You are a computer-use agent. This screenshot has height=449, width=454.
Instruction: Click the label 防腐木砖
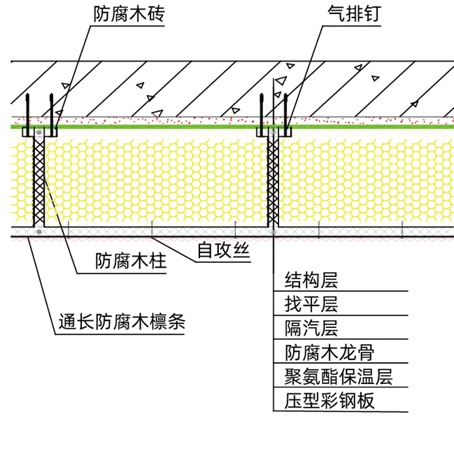pyautogui.click(x=129, y=13)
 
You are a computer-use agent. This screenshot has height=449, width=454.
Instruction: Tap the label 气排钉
pyautogui.click(x=354, y=13)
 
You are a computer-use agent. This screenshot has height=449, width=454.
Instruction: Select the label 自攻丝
pyautogui.click(x=223, y=250)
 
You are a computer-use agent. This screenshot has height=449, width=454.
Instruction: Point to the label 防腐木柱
pyautogui.click(x=131, y=261)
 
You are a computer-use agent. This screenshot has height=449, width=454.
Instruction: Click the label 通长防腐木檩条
pyautogui.click(x=122, y=322)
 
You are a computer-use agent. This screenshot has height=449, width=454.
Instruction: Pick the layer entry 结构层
pyautogui.click(x=311, y=280)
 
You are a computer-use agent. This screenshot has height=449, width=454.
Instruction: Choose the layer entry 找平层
pyautogui.click(x=311, y=304)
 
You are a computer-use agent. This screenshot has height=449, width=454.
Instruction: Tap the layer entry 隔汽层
pyautogui.click(x=311, y=328)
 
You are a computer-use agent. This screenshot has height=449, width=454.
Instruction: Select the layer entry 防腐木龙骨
pyautogui.click(x=329, y=352)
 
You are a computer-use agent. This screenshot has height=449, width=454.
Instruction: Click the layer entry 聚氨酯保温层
pyautogui.click(x=339, y=377)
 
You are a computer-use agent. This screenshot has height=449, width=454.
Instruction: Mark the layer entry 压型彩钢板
pyautogui.click(x=329, y=401)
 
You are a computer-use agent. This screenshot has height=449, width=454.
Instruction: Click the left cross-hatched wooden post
pyautogui.click(x=39, y=177)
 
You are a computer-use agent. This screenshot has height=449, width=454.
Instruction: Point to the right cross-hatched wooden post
pyautogui.click(x=273, y=177)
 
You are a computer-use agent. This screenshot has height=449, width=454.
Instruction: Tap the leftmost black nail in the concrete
pyautogui.click(x=27, y=115)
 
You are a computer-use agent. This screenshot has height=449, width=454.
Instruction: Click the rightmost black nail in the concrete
pyautogui.click(x=286, y=115)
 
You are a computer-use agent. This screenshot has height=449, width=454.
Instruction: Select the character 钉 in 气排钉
pyautogui.click(x=372, y=13)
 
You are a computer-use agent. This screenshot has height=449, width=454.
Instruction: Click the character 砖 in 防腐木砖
pyautogui.click(x=157, y=13)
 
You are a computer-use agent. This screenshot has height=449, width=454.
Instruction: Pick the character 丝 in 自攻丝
pyautogui.click(x=241, y=250)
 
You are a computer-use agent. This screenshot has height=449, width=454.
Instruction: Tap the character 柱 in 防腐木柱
pyautogui.click(x=158, y=261)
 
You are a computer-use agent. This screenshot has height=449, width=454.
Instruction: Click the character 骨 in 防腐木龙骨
pyautogui.click(x=366, y=352)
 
